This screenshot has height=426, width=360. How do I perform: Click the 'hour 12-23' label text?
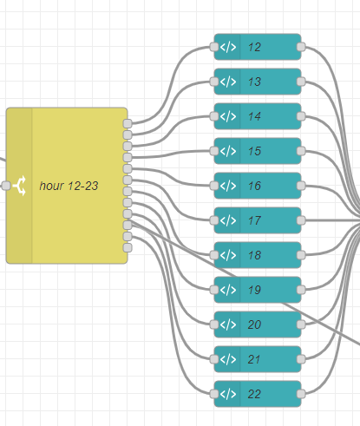69,186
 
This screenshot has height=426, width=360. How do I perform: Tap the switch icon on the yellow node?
20,186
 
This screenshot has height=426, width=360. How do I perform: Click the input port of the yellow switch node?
6,186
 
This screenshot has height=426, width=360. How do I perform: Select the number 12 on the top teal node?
254,47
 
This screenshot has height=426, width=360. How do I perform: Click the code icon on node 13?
228,82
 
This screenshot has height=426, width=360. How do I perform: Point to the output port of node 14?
301,116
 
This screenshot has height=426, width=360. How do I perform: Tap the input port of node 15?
214,151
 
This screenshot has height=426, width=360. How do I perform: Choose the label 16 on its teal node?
254,186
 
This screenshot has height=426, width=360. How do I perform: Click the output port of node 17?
301,220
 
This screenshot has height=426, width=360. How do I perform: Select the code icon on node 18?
228,255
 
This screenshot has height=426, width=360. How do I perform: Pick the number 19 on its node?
254,290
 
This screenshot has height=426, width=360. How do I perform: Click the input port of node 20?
214,324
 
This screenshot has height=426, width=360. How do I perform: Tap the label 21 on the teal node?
254,359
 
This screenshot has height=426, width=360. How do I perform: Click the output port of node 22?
301,394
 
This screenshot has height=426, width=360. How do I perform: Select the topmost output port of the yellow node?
128,123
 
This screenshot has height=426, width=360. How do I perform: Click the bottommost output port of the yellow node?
128,247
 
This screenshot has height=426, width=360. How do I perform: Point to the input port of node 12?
214,47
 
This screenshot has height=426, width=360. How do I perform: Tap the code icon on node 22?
228,394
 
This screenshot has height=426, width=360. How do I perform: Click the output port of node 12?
301,47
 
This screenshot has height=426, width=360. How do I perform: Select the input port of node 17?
214,220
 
